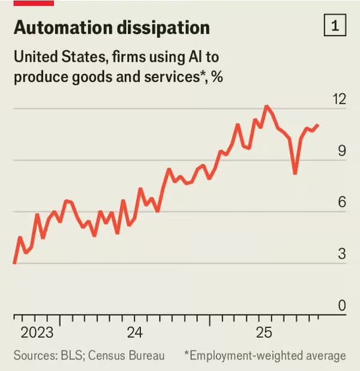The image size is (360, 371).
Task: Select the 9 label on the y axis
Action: coord(342,151)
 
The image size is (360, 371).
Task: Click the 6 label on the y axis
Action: coord(342,202)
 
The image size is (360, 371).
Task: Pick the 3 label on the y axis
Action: coord(342,254)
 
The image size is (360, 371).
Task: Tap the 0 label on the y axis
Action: coord(342,306)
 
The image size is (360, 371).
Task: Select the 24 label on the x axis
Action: coord(135,333)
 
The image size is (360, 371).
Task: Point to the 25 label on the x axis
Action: coord(263,333)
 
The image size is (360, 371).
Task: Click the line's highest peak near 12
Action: coord(266,107)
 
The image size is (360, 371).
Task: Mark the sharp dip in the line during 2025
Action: coord(295,173)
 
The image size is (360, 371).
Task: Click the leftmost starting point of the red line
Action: coord(14,263)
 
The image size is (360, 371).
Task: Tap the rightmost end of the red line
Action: coord(318,125)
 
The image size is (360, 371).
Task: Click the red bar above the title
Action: coord(34,3)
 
